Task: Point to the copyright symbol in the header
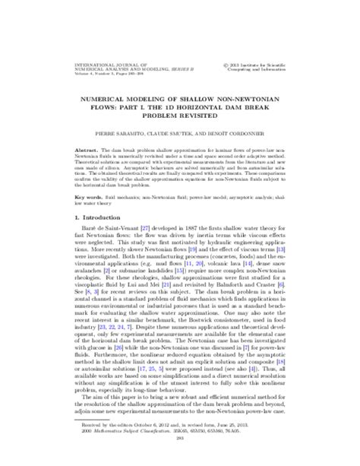coord(230,66)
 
